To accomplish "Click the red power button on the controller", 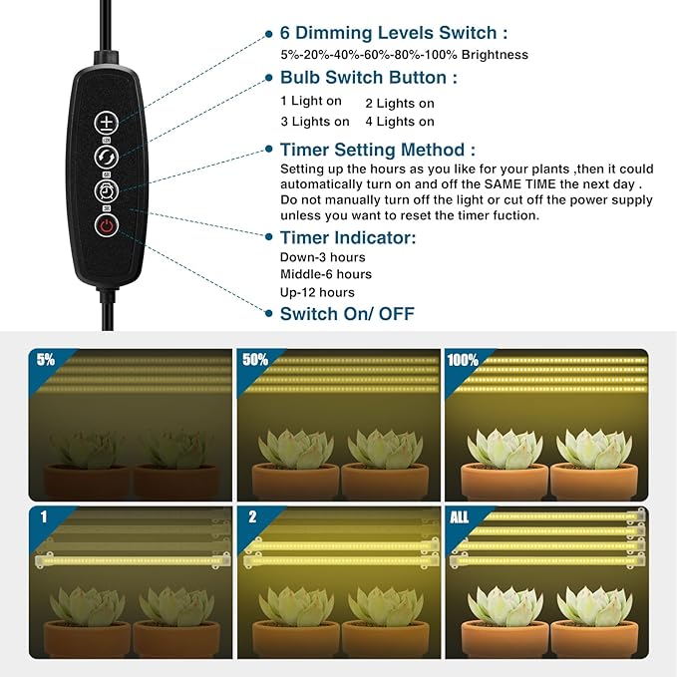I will tap(107, 225).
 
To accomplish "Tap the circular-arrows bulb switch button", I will tap(107, 157).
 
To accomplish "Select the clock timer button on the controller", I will tap(107, 190).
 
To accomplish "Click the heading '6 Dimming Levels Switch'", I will tap(394, 33).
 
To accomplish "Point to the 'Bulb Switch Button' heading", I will tap(369, 77).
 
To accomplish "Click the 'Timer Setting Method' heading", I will tap(378, 150).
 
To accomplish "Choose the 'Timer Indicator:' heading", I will tap(348, 237).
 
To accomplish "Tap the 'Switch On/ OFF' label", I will tap(347, 314).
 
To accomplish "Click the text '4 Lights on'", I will tap(399, 122).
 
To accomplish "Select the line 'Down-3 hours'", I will tap(323, 257).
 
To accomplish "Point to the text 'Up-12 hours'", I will tap(317, 292).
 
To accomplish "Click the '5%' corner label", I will tap(45, 360).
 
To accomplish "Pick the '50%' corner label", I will tap(255, 360).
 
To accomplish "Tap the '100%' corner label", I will tap(463, 360).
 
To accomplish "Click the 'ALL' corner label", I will tap(460, 517).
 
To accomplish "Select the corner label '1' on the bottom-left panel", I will tap(43, 517).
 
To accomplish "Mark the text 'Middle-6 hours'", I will tap(326, 274).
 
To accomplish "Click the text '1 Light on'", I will tap(311, 102).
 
